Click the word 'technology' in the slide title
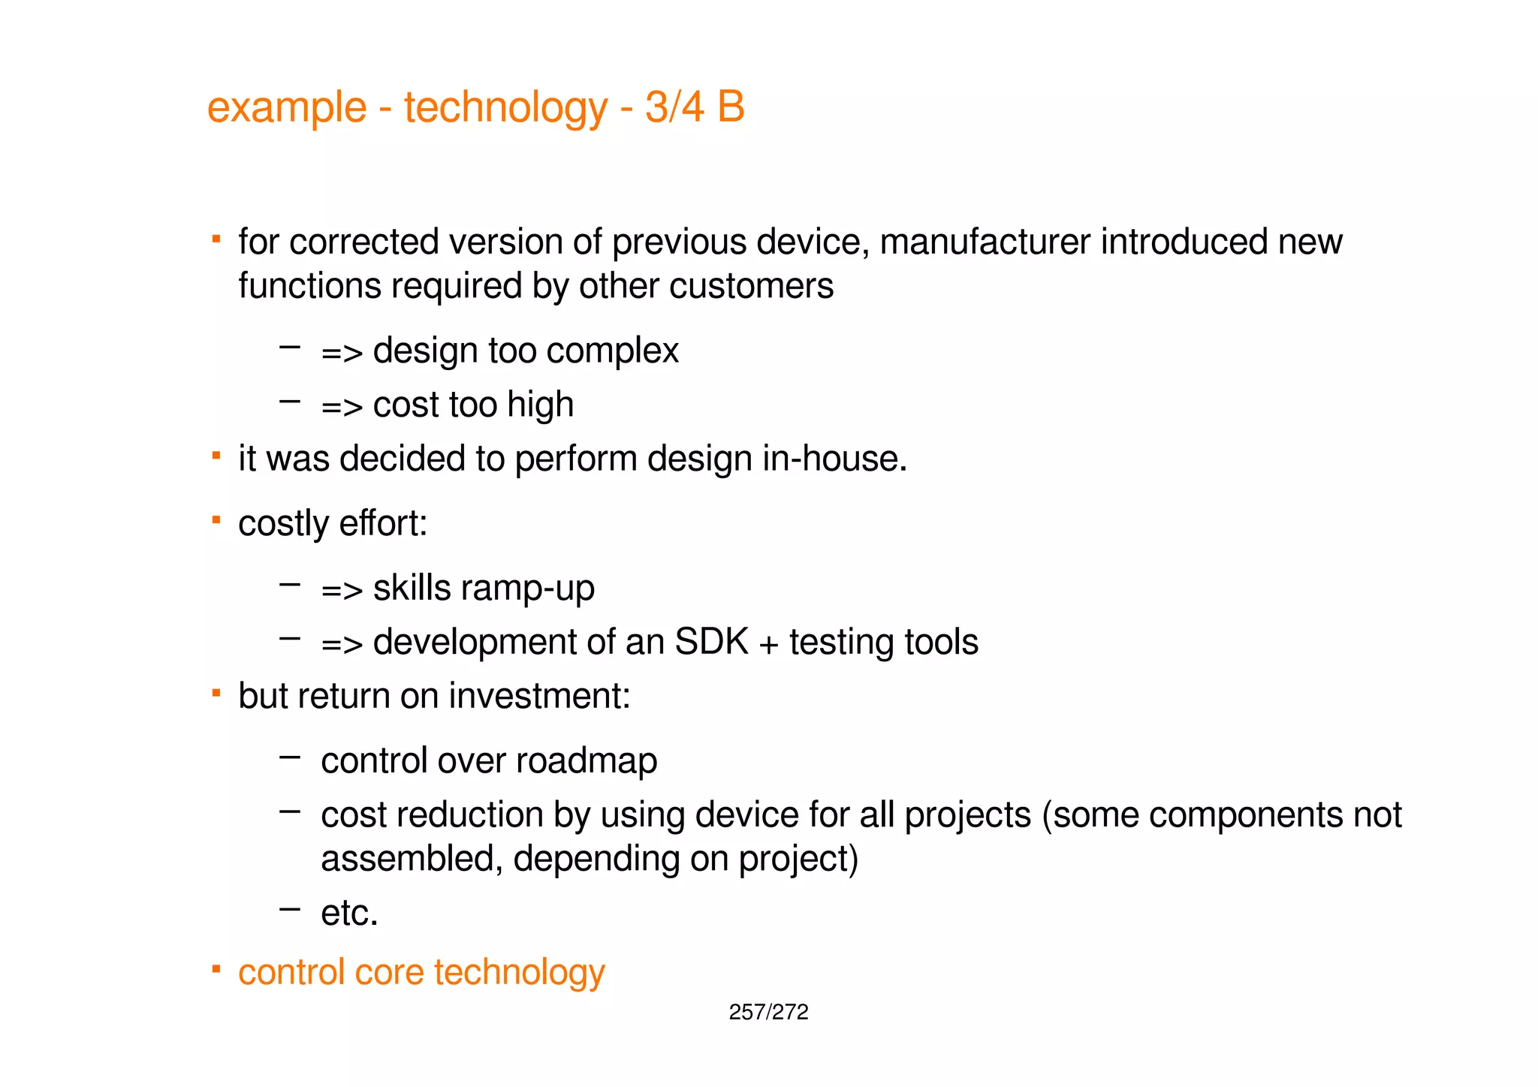[505, 107]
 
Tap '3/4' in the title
[674, 107]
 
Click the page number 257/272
[768, 1012]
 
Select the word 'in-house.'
[834, 459]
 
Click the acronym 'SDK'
[711, 642]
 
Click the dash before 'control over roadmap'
[289, 757]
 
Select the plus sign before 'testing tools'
[768, 644]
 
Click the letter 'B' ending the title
[730, 107]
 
